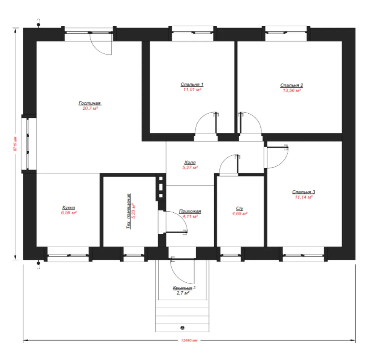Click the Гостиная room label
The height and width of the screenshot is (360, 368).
click(90, 103)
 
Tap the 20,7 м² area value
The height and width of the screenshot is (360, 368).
click(90, 108)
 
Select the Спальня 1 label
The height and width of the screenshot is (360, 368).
click(192, 84)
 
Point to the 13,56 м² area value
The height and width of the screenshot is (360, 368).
click(292, 90)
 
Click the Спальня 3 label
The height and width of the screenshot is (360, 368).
click(303, 192)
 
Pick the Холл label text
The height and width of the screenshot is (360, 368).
click(190, 162)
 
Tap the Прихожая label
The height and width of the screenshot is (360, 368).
click(190, 211)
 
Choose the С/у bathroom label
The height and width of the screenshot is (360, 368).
click(240, 208)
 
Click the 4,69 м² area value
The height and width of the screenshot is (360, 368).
click(240, 213)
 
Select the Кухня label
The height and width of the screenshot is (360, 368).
click(69, 207)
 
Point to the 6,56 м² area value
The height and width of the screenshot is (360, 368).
click(69, 213)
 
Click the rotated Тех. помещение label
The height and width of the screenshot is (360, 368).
click(128, 211)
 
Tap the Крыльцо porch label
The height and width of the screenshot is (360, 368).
click(183, 288)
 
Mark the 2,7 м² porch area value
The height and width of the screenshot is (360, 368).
click(183, 293)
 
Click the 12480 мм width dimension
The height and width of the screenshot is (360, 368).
click(189, 340)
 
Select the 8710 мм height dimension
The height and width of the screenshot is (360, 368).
click(16, 144)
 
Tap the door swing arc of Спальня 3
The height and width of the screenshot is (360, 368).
click(283, 162)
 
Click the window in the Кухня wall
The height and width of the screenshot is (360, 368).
click(68, 255)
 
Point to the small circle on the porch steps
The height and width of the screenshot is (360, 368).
click(183, 328)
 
